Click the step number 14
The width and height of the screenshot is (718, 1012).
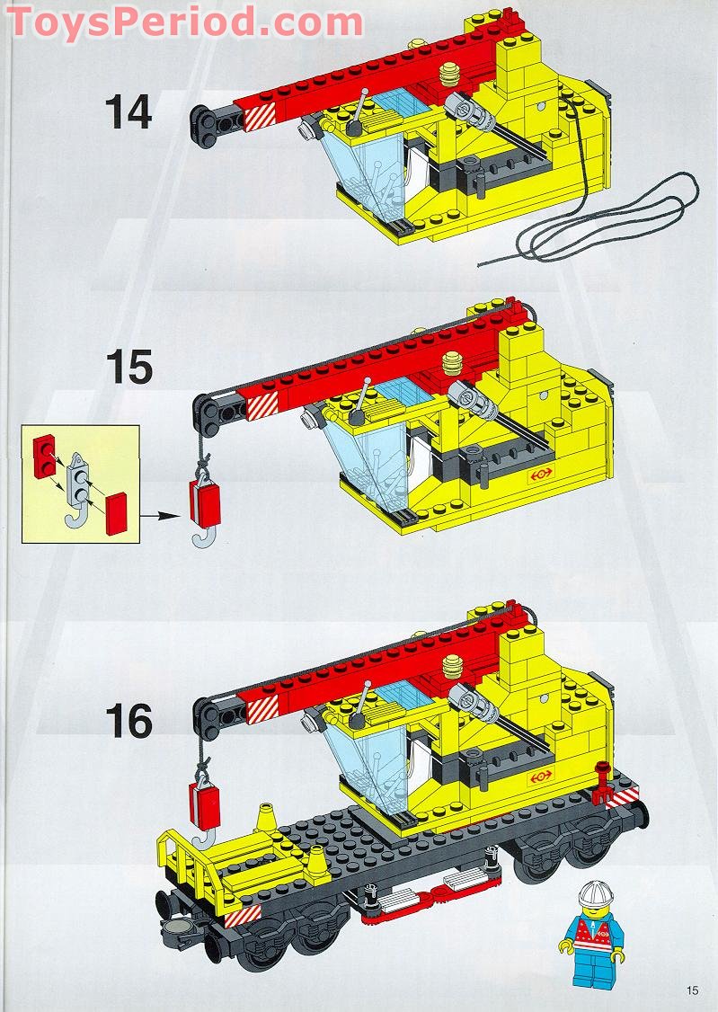point(129,112)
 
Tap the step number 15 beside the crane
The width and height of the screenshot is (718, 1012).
point(129,367)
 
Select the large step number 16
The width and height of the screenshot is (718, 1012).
point(129,722)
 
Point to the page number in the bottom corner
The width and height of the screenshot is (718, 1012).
point(691,990)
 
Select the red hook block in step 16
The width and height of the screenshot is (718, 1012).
point(205,800)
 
